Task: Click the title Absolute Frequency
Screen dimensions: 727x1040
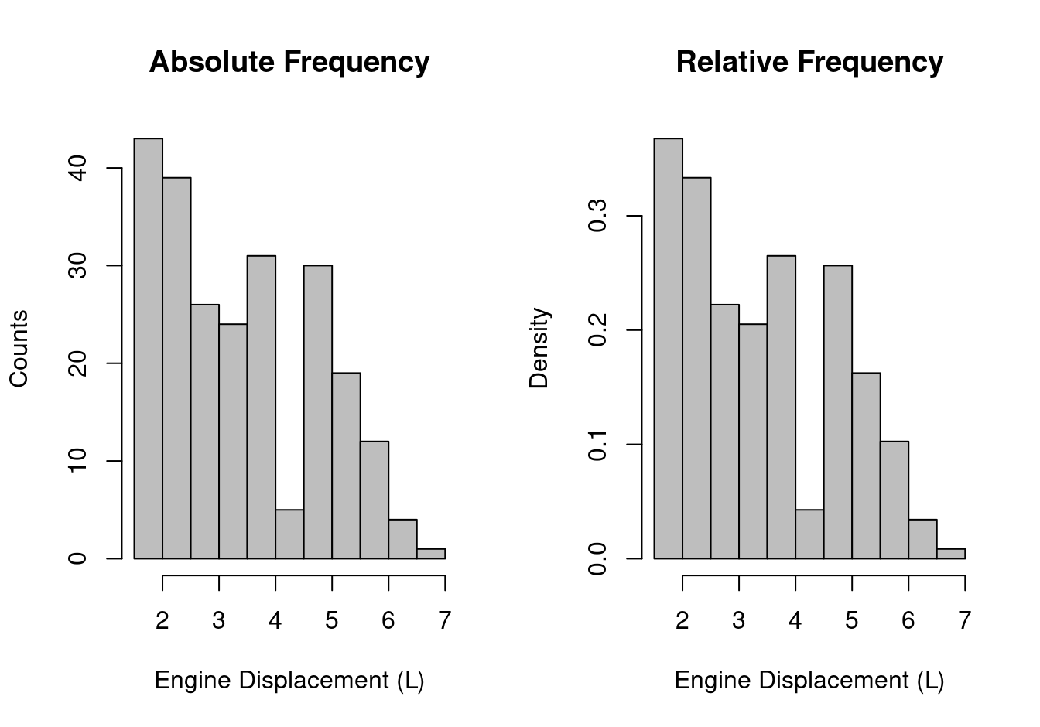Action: (x=289, y=62)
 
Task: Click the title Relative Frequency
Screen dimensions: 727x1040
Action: (x=809, y=62)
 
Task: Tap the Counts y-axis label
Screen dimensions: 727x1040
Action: (x=19, y=348)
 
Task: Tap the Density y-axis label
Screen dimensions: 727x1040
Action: (x=539, y=348)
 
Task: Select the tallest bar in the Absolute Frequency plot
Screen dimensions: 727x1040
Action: (x=148, y=348)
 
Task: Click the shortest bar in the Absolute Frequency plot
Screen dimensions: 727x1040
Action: (x=431, y=553)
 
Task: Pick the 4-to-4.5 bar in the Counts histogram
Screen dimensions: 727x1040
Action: (x=289, y=534)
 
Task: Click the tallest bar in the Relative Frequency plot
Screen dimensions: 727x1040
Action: (x=668, y=348)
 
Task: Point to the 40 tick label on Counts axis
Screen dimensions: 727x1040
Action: (x=78, y=168)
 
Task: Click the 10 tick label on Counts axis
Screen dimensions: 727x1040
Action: (x=78, y=461)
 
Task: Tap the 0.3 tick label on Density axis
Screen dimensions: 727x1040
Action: (x=597, y=217)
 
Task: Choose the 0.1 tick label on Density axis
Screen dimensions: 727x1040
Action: (x=597, y=445)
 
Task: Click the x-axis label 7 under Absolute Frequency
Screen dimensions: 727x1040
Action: (x=444, y=620)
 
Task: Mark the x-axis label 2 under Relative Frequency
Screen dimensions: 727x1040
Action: (x=682, y=620)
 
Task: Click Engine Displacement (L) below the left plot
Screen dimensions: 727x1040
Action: (x=289, y=681)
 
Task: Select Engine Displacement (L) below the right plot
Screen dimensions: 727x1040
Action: (x=809, y=681)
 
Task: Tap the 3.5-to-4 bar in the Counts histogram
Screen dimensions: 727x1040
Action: (x=261, y=407)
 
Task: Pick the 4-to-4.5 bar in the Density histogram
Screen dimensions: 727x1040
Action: (x=809, y=534)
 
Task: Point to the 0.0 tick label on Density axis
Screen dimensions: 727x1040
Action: (x=597, y=558)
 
